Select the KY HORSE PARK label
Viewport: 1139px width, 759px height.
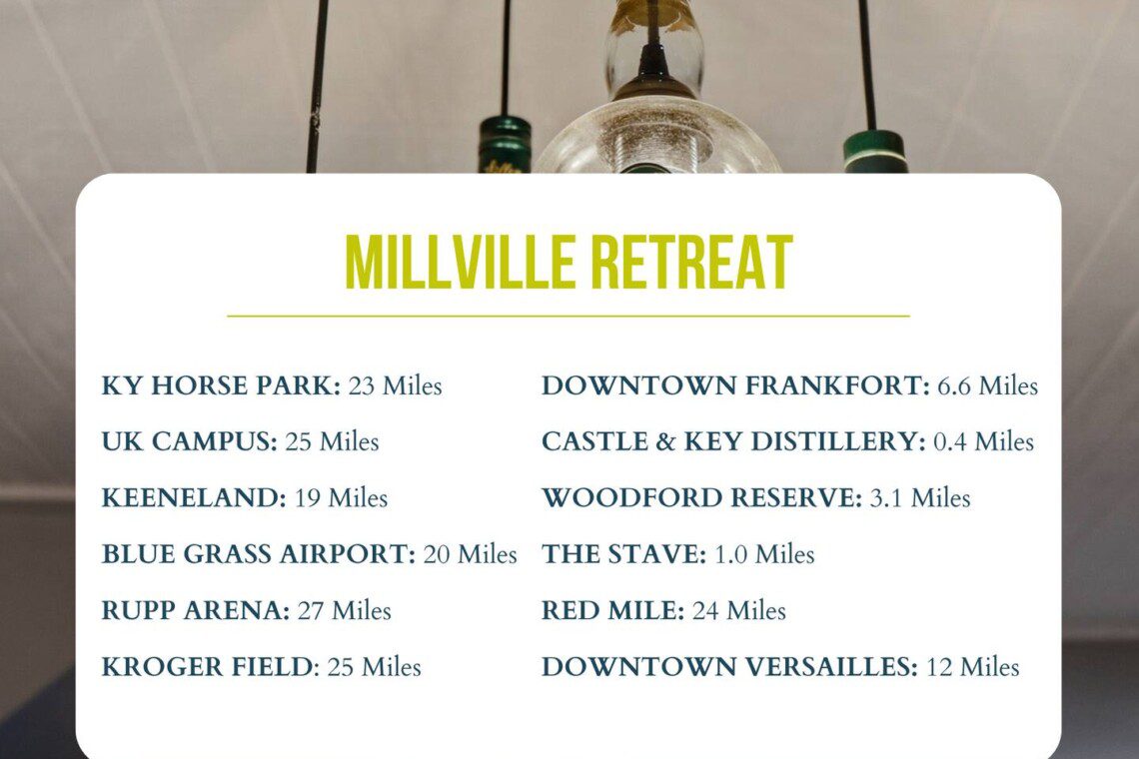[x=221, y=385]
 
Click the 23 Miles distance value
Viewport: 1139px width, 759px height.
[x=396, y=385]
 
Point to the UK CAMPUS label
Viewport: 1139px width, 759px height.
[x=190, y=441]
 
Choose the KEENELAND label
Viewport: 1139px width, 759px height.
[x=194, y=498]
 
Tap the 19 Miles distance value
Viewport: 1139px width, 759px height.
[x=342, y=498]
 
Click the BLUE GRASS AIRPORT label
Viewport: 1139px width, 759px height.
[x=259, y=554]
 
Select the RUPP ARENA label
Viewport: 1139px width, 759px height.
[x=196, y=611]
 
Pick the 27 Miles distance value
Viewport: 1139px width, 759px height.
[x=345, y=611]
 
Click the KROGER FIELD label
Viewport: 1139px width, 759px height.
[x=211, y=667]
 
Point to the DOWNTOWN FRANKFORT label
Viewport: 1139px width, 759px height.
[x=735, y=385]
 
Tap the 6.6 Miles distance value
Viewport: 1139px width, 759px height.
[x=988, y=385]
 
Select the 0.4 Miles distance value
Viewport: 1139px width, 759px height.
[x=983, y=441]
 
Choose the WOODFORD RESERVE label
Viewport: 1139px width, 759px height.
[x=702, y=498]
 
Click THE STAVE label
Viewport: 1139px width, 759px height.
[x=624, y=554]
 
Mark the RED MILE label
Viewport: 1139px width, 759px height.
[x=613, y=611]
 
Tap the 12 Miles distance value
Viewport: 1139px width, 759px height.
[x=973, y=667]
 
